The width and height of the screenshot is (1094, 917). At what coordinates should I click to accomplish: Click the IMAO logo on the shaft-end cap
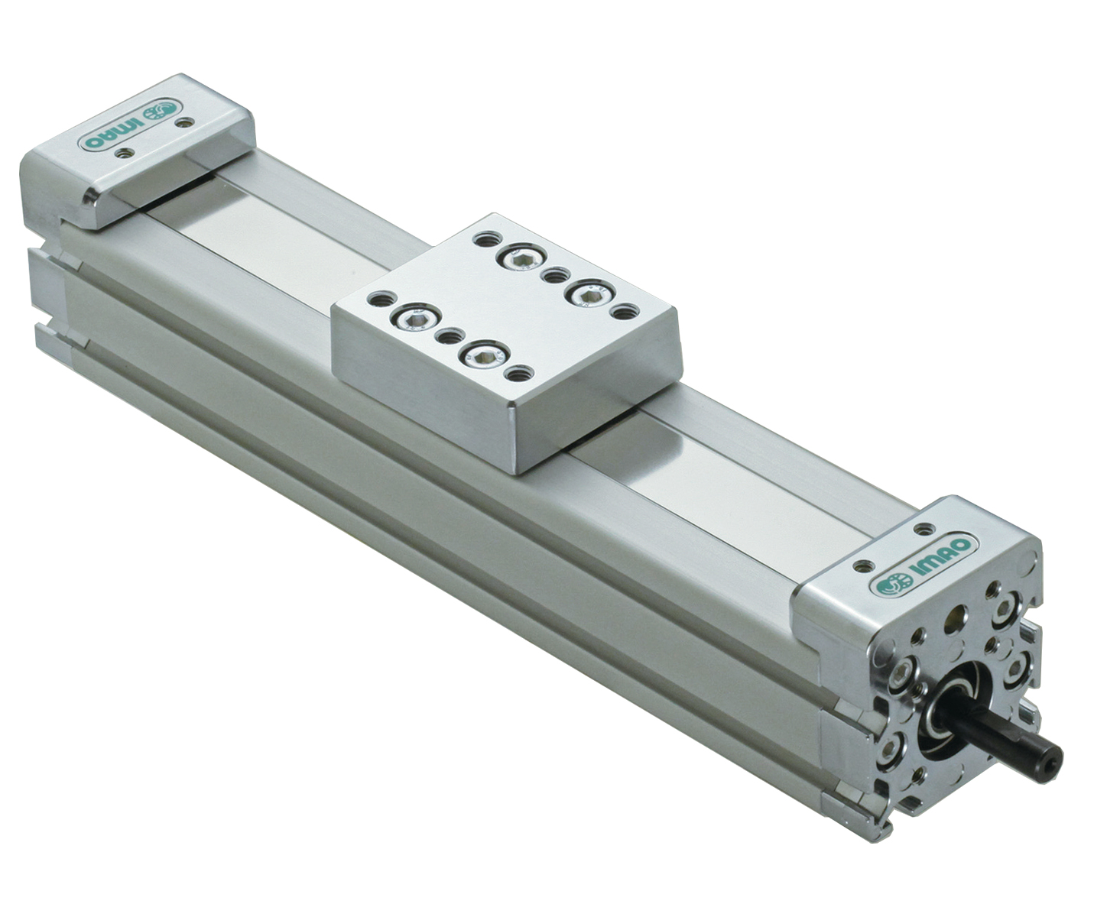tap(924, 564)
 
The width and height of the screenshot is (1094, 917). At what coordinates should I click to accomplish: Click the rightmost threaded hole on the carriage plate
tap(625, 311)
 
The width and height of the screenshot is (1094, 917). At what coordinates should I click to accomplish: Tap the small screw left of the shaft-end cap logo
tap(864, 566)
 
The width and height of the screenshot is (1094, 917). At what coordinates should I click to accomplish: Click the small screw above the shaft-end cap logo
tap(924, 528)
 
